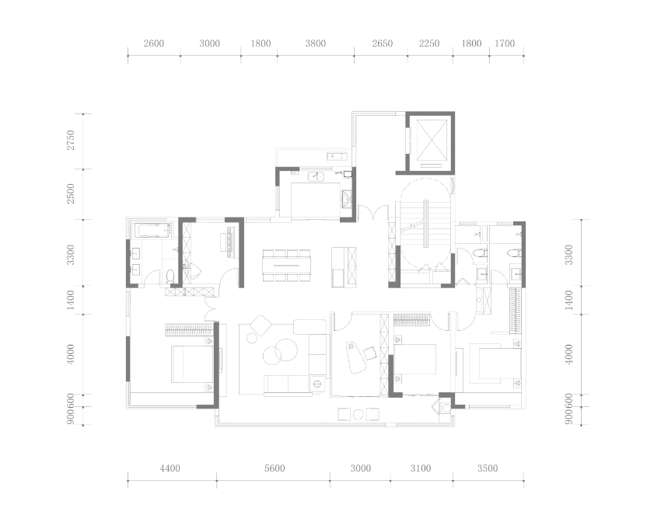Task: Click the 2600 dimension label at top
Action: (154, 43)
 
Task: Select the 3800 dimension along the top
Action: (316, 43)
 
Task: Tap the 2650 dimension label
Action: (383, 43)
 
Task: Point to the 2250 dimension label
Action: (429, 43)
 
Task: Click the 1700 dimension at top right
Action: (505, 43)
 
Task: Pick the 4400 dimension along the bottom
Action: (170, 468)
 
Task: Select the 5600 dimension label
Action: (275, 468)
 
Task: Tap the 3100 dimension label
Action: (421, 468)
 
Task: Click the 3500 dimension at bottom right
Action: (488, 468)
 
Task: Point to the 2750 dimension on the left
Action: (71, 140)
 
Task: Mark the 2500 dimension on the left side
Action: (71, 193)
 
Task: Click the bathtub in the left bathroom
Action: (151, 230)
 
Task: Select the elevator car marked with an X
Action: (432, 140)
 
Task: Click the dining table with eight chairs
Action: (287, 266)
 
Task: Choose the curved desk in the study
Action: (355, 357)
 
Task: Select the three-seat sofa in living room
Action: (287, 384)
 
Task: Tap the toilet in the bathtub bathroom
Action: (170, 276)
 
